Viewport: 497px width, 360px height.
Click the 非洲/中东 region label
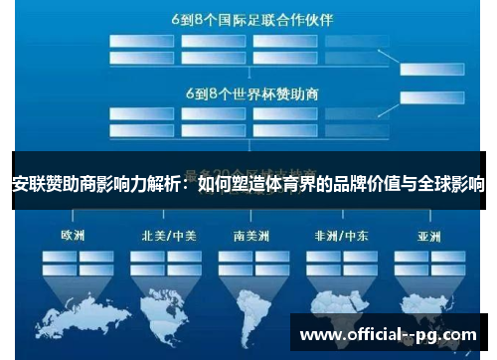coord(338,238)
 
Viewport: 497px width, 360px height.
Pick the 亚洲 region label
coord(429,238)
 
